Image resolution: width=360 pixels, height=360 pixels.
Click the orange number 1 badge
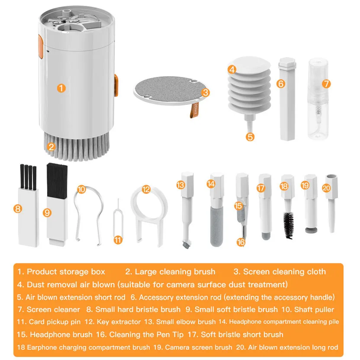click(61, 88)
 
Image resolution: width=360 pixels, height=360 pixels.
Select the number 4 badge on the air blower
click(232, 69)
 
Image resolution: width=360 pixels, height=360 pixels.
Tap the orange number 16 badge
click(241, 242)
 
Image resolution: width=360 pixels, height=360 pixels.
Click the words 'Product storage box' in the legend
click(66, 272)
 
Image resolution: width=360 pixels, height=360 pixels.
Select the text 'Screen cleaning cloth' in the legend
click(284, 272)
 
